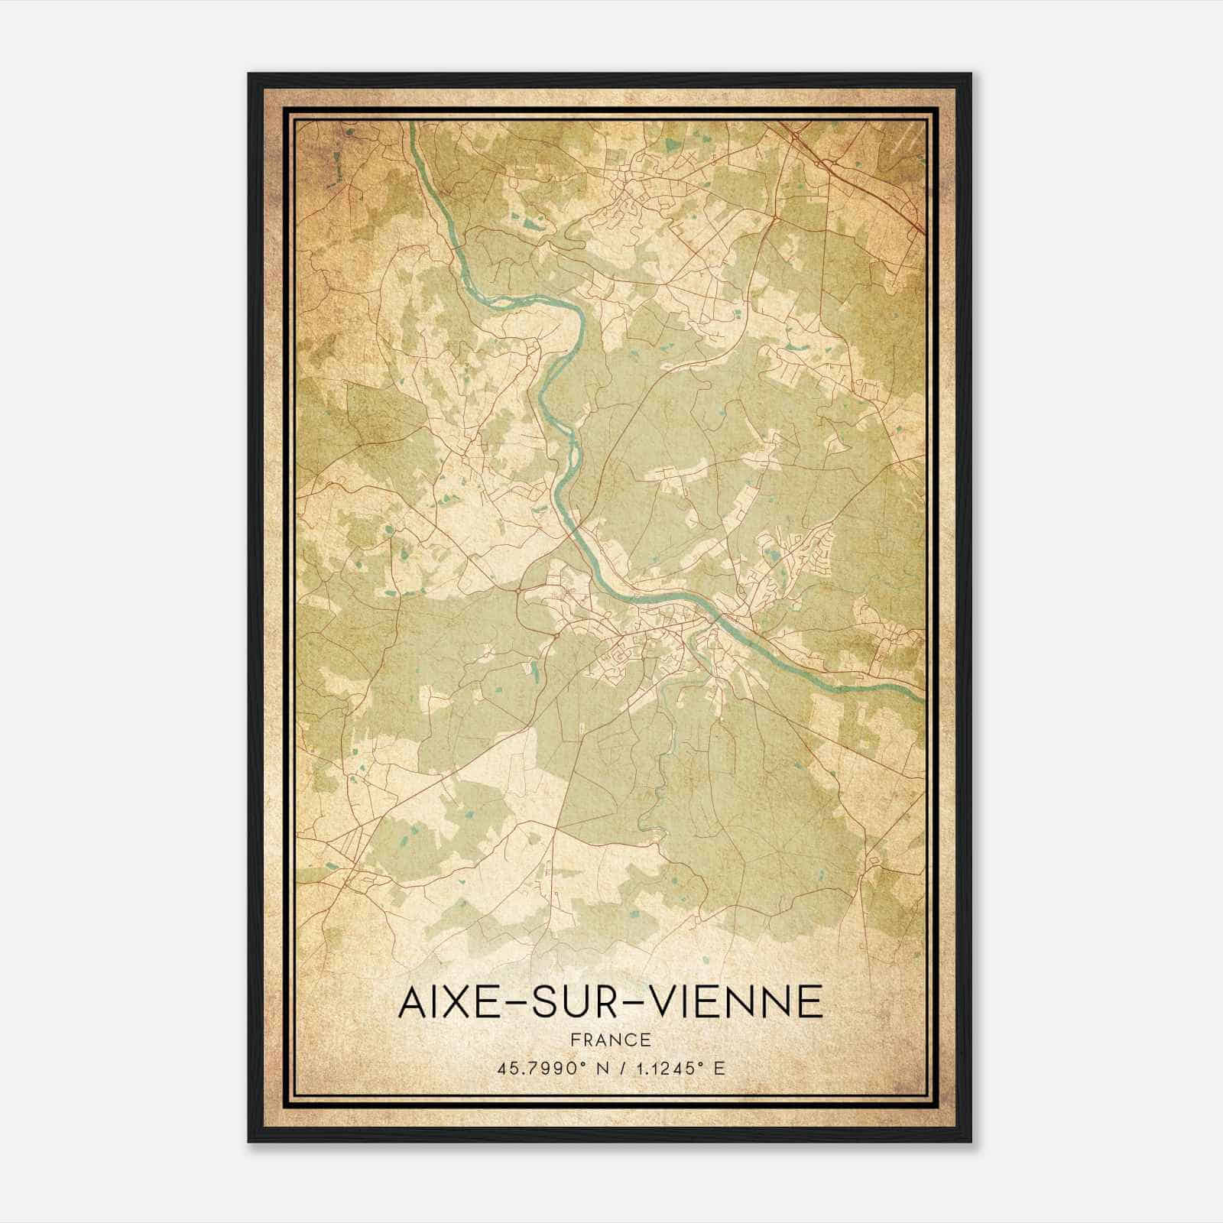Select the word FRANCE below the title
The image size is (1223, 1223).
pos(611,1040)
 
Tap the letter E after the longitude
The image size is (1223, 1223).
pos(719,1069)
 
